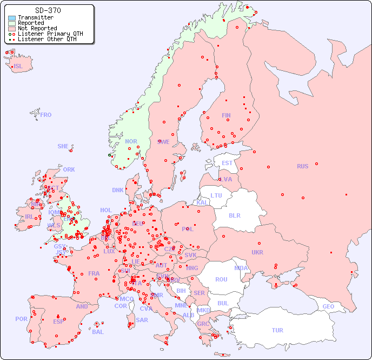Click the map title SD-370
tap(48, 10)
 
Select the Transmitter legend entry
tap(35, 18)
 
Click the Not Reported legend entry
tap(37, 28)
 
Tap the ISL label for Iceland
tap(18, 67)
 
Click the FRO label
tap(46, 115)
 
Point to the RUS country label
tap(302, 166)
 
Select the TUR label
tap(277, 330)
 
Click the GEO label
tap(328, 306)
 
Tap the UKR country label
tap(257, 252)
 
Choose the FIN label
tap(226, 115)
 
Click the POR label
tap(21, 319)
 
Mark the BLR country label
tap(234, 215)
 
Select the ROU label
tap(221, 279)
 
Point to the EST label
tap(227, 163)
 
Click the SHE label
tap(63, 146)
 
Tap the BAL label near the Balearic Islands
tap(97, 332)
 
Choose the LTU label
tap(216, 195)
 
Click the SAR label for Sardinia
tap(142, 319)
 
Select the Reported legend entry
tap(31, 23)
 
